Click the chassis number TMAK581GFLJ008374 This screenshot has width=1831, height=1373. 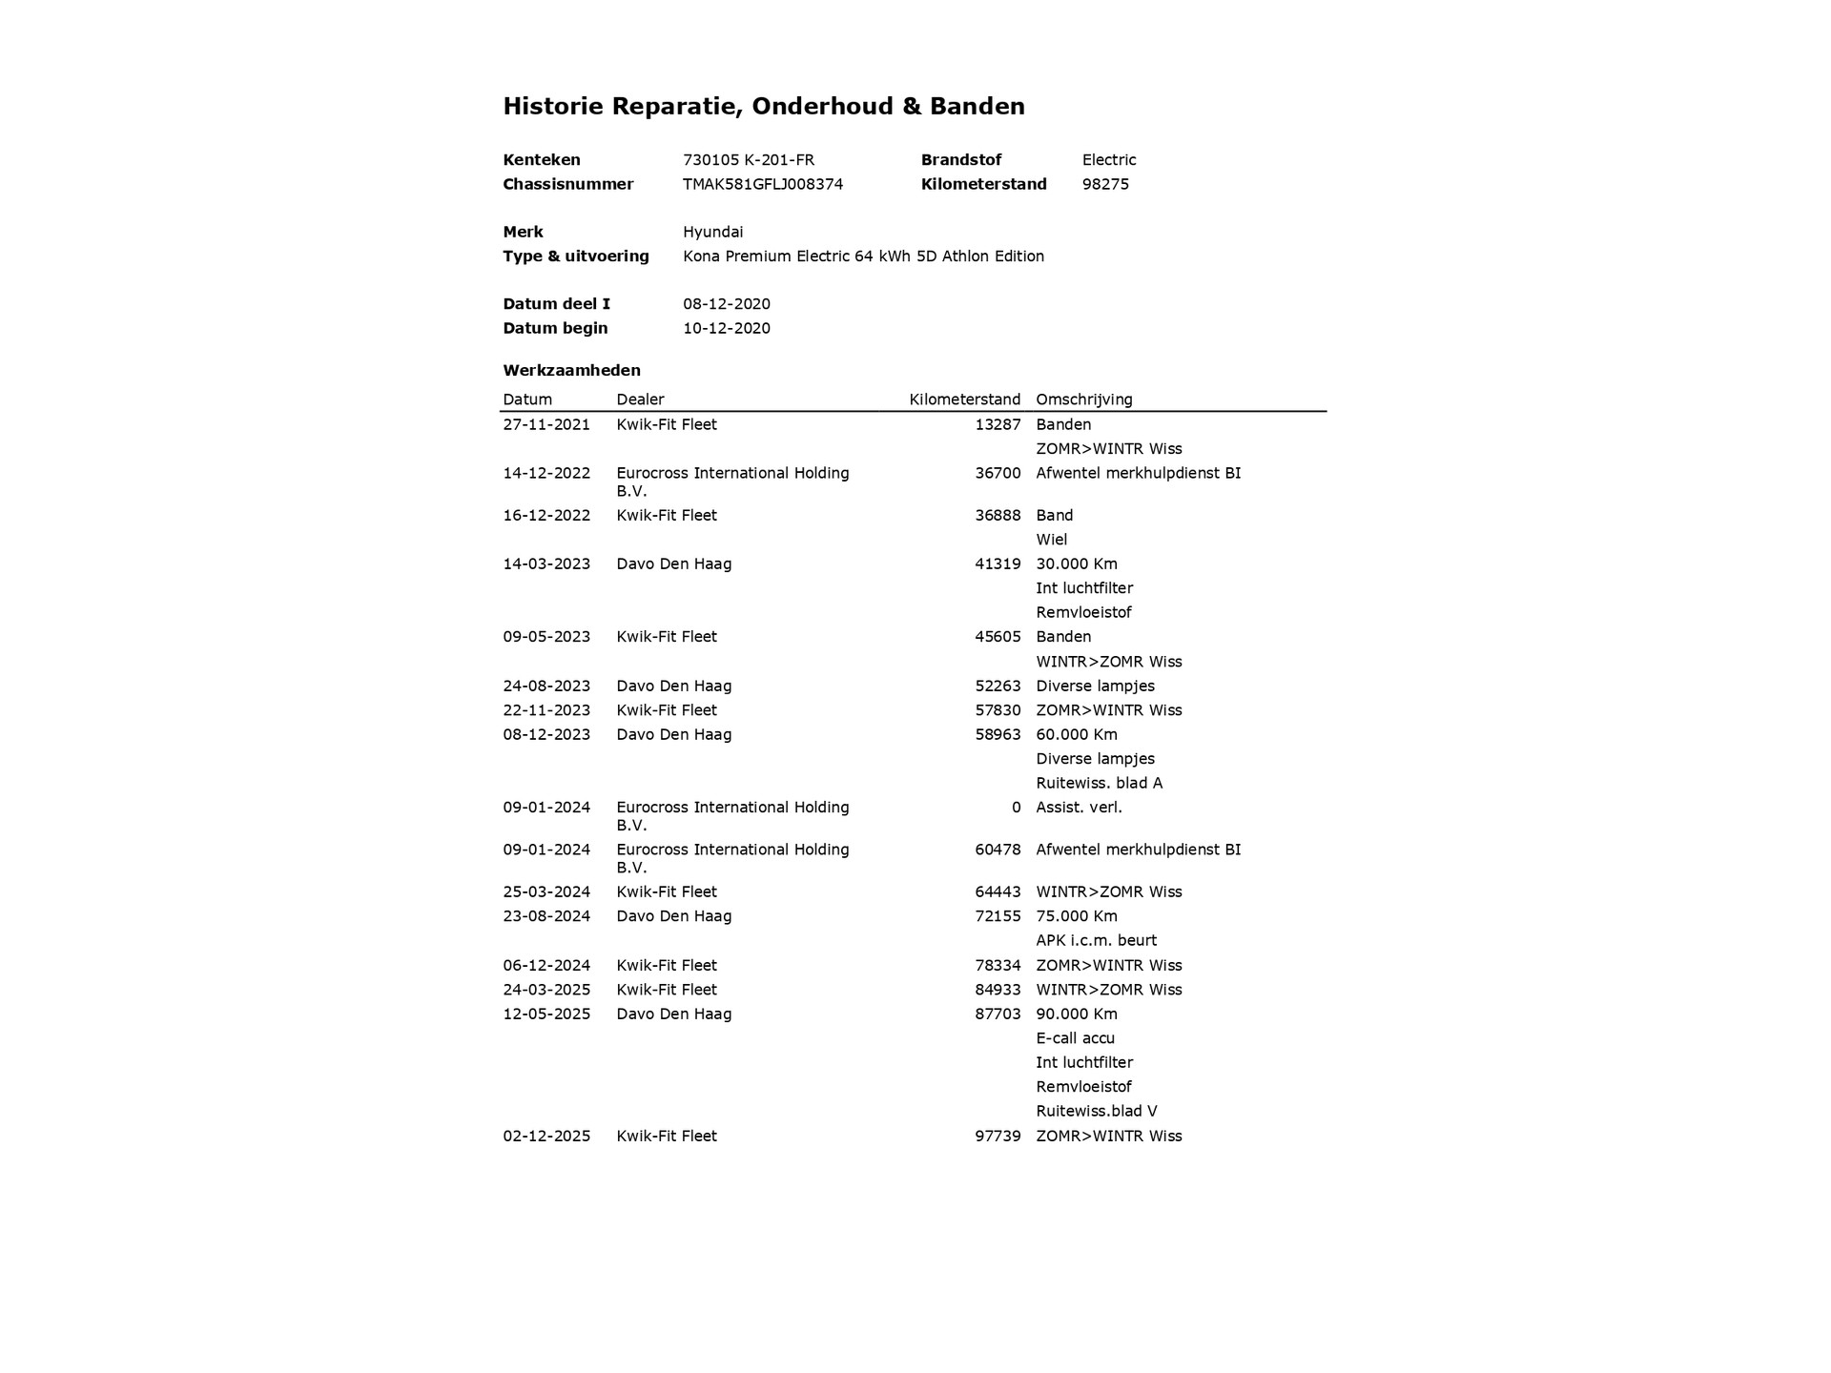click(763, 184)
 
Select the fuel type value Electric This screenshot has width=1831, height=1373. click(1109, 160)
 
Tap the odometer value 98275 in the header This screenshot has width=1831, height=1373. click(1105, 184)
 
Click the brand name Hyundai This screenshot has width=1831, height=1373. click(712, 232)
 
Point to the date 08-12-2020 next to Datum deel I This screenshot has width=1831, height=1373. click(727, 304)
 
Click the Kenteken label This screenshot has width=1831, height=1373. click(542, 160)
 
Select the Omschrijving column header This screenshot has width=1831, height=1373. click(1084, 400)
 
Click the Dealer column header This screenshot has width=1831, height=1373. click(640, 400)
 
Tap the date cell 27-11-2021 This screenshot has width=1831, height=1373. click(546, 424)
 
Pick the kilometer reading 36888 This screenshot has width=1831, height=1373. click(998, 515)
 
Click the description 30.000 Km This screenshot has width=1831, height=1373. click(1077, 564)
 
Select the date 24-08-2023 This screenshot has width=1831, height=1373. click(546, 686)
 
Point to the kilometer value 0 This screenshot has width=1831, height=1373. click(1016, 808)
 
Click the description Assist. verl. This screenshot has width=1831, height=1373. click(1079, 808)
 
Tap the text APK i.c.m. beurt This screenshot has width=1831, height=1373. click(1096, 940)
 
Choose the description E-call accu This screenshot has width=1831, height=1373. click(1075, 1038)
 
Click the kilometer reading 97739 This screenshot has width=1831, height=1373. click(998, 1136)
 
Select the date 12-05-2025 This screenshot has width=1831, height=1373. click(546, 1014)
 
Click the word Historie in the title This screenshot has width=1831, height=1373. click(553, 106)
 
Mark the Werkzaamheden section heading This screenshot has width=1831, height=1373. click(571, 370)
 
